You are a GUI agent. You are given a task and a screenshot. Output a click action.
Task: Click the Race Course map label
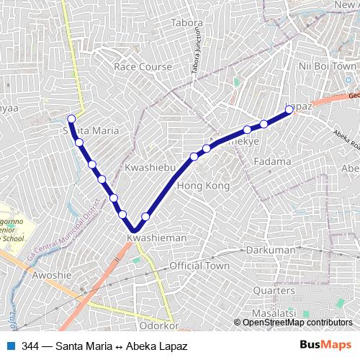pos(143,67)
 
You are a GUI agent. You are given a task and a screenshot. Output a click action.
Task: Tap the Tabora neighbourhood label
pos(186,22)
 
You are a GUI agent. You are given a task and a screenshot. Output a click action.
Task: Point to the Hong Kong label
pos(202,186)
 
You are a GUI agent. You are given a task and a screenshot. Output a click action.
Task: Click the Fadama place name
pos(272,161)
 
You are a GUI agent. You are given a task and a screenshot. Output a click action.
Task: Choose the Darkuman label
pos(270,249)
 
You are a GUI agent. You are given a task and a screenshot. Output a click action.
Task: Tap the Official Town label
pos(199,266)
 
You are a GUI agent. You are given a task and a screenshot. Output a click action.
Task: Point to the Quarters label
pos(274,290)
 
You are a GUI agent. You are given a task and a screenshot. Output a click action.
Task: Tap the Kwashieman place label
pos(156,237)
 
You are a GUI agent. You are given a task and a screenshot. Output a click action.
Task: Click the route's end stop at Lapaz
pos(289,109)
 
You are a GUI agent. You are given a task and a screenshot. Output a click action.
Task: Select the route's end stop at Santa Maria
pos(71,119)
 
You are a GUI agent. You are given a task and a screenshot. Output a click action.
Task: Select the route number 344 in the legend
pos(30,346)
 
